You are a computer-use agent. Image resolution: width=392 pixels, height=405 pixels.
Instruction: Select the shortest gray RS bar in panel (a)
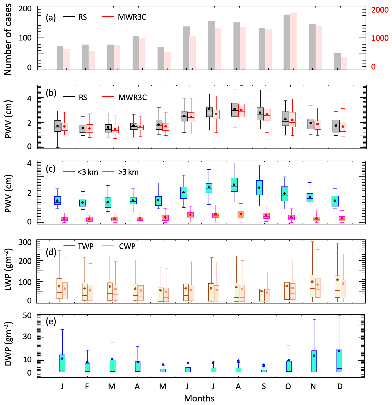337,61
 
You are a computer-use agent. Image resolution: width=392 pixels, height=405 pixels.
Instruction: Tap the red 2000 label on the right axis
380,10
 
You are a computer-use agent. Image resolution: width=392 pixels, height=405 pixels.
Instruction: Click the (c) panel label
51,169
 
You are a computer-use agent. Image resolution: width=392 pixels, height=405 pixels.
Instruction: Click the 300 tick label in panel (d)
25,242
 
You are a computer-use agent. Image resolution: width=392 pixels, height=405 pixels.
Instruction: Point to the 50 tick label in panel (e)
27,316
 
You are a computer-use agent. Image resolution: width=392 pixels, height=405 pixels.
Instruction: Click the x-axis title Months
199,398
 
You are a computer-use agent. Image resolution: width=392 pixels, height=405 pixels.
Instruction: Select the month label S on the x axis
264,386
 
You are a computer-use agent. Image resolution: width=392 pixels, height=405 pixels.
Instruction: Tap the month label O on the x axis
288,386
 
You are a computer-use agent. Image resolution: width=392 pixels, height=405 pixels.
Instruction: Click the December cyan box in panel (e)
339,360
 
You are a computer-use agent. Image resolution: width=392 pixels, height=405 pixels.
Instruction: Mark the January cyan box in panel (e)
62,363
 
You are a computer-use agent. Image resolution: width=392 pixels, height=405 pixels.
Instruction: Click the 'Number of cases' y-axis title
8,39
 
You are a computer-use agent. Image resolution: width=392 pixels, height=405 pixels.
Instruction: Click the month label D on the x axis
340,386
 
